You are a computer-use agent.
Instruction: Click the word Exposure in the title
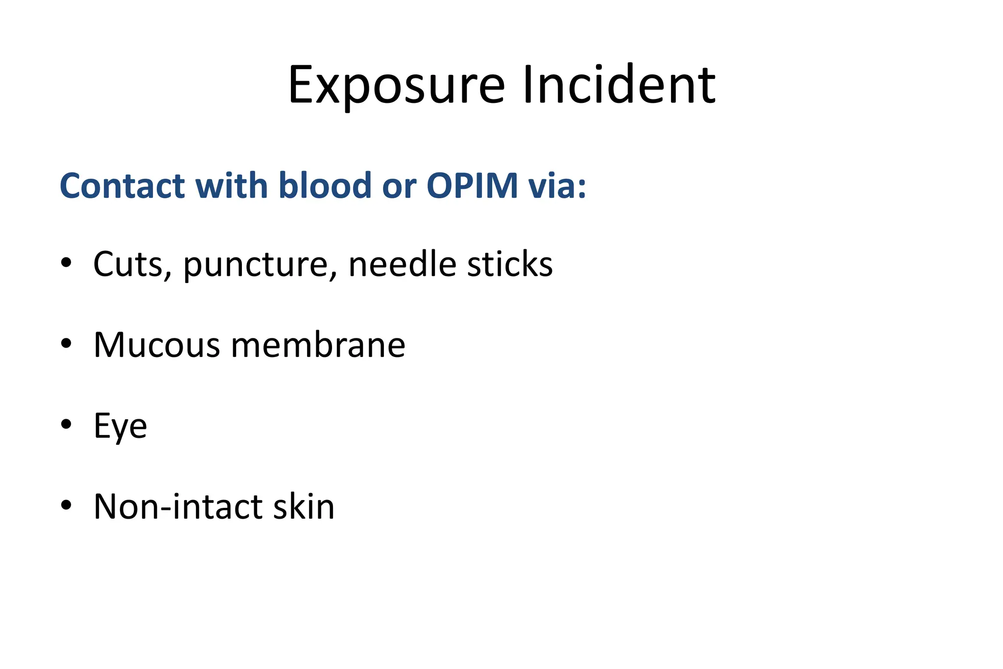[396, 86]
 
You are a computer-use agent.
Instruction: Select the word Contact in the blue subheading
[122, 186]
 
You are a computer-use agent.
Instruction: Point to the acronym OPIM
[472, 186]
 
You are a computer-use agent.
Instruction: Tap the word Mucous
[157, 345]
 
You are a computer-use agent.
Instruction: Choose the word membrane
[318, 345]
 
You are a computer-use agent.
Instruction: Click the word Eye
[120, 426]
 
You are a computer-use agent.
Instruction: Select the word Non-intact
[178, 506]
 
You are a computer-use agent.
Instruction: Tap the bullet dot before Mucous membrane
[66, 343]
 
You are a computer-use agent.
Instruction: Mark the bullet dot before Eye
[66, 424]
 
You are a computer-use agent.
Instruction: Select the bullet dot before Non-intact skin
[66, 504]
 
